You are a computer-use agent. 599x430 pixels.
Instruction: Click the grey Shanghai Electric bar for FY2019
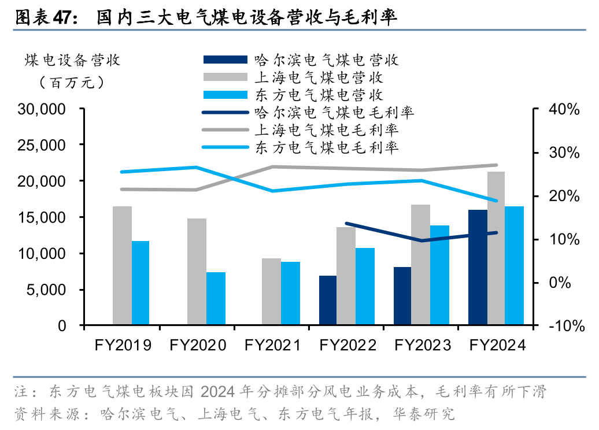pyautogui.click(x=122, y=266)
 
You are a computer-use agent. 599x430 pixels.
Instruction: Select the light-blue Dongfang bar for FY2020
pyautogui.click(x=216, y=299)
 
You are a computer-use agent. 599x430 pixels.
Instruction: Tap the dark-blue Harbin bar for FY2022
pyautogui.click(x=328, y=301)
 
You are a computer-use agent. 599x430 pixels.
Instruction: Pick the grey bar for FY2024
pyautogui.click(x=496, y=249)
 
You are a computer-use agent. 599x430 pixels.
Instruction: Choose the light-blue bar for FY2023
pyautogui.click(x=440, y=275)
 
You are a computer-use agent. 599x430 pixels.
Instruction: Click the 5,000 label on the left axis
pyautogui.click(x=47, y=290)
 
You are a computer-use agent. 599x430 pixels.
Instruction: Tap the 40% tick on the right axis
pyautogui.click(x=564, y=109)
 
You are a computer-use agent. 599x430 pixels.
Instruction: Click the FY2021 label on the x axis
pyautogui.click(x=272, y=346)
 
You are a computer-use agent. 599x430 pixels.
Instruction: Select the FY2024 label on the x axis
pyautogui.click(x=497, y=346)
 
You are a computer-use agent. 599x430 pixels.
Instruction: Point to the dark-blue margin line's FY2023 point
pyautogui.click(x=421, y=240)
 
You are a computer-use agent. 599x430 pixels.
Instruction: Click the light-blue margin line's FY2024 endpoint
pyautogui.click(x=496, y=201)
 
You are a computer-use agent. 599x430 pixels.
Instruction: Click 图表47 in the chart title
pyautogui.click(x=42, y=17)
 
